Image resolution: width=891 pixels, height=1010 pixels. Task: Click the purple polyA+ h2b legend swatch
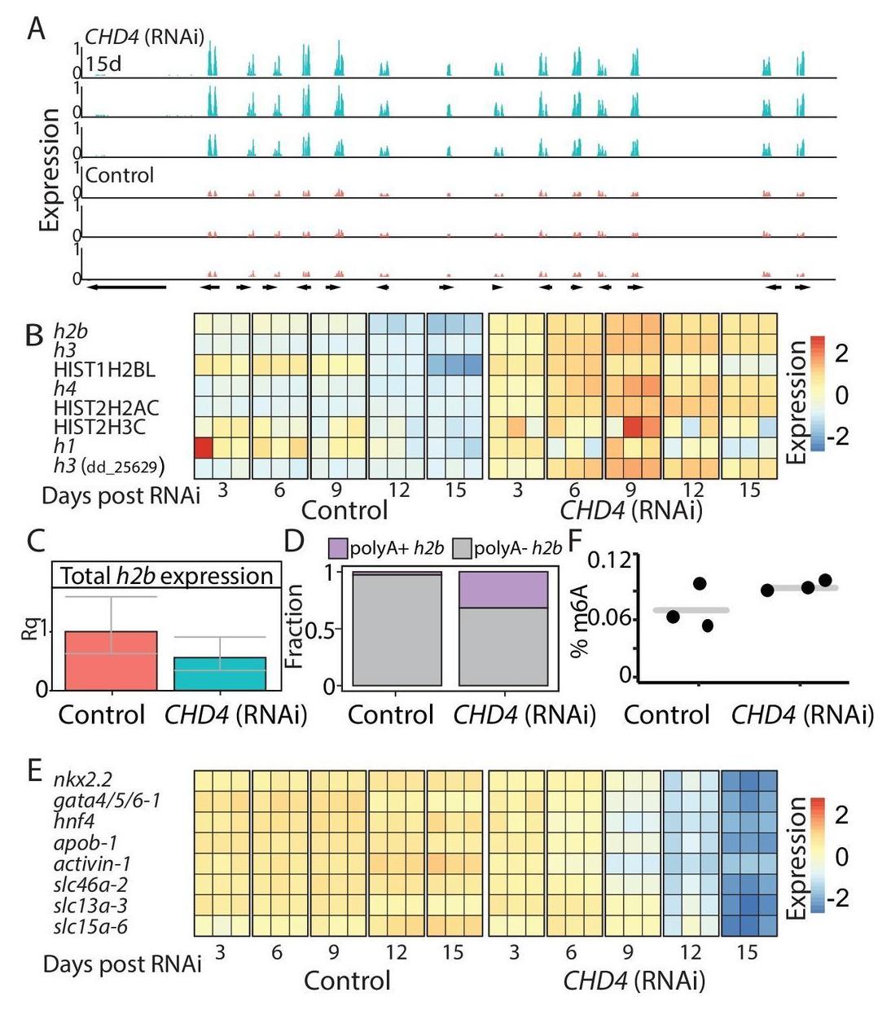click(338, 548)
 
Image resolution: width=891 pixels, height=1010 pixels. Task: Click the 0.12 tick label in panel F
click(611, 561)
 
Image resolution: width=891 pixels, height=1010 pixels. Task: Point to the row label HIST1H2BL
click(104, 370)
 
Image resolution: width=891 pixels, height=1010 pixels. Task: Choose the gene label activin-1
click(92, 863)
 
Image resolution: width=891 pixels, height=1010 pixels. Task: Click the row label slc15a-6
click(90, 925)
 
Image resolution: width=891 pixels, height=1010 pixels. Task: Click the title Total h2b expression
click(167, 576)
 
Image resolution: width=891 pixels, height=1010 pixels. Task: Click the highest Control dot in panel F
click(700, 583)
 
